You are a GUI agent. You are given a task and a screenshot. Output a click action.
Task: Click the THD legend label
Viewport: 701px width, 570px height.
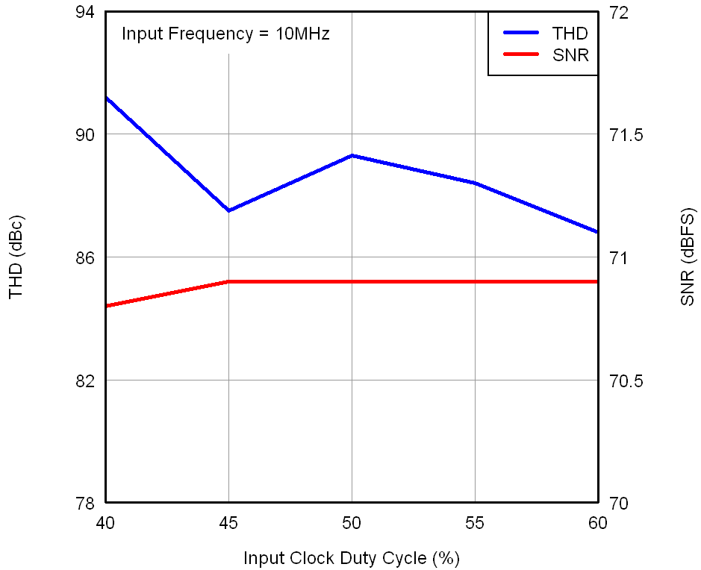tap(570, 34)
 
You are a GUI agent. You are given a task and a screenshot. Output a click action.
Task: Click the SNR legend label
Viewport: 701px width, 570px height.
tap(570, 55)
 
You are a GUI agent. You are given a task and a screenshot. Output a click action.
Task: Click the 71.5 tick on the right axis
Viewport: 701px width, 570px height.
tap(624, 135)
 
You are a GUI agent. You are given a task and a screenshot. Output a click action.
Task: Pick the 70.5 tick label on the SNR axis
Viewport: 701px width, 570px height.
tap(624, 380)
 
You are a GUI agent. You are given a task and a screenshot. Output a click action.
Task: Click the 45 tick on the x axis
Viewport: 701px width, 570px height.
tap(228, 523)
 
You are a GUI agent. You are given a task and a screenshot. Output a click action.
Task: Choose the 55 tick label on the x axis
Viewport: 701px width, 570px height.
tap(475, 523)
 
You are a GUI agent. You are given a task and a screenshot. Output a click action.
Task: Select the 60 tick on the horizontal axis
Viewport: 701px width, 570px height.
tap(598, 523)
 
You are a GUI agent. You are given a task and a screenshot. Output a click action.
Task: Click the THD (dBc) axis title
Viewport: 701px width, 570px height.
tap(16, 257)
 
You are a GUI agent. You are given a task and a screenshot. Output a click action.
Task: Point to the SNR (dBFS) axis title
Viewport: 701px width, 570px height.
tap(688, 257)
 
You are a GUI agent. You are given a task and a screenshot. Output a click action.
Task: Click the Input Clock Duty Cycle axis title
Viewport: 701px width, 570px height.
tap(351, 558)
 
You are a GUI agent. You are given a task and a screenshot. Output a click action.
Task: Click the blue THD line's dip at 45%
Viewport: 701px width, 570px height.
tap(228, 210)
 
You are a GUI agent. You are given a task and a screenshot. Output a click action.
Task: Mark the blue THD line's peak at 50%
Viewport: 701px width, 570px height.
tap(352, 155)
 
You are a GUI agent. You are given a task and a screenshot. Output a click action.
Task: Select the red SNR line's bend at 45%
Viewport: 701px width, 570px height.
tap(228, 282)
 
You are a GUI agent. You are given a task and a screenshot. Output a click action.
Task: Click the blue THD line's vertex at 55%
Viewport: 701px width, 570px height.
tap(475, 183)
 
